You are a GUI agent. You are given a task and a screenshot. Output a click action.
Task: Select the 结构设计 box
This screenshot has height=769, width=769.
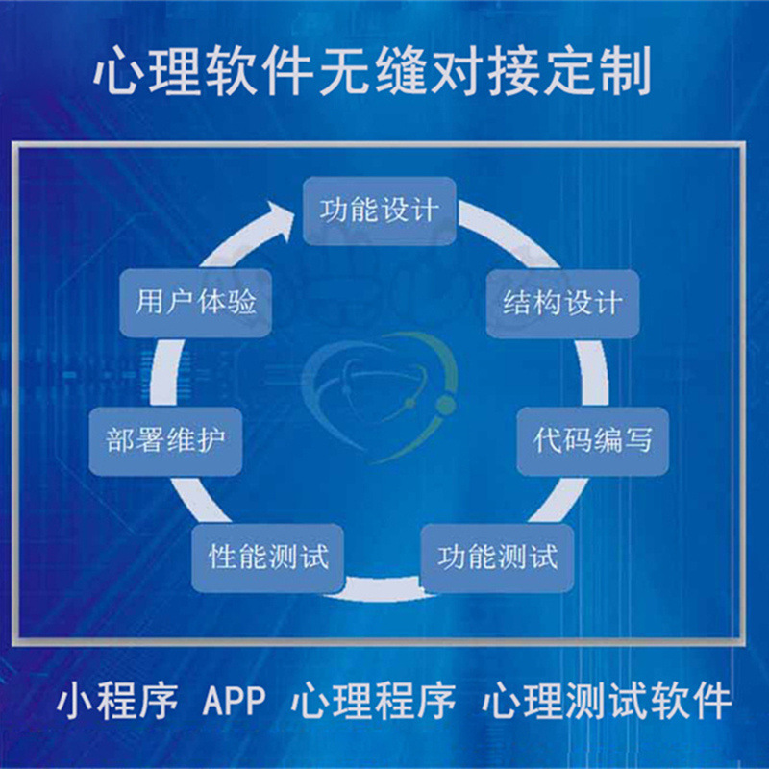[x=562, y=304]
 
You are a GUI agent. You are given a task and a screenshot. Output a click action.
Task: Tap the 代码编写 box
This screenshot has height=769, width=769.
[x=593, y=440]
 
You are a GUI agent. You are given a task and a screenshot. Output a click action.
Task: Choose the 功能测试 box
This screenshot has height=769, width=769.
[x=498, y=558]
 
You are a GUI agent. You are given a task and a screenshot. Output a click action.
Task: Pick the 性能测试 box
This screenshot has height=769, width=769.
[x=269, y=556]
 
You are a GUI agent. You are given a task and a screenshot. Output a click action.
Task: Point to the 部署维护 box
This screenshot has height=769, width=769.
[x=165, y=440]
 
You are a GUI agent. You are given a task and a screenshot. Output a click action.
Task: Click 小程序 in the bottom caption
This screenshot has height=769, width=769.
[x=117, y=701]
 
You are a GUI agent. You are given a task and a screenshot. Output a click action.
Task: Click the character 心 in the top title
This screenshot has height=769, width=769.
[x=118, y=72]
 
